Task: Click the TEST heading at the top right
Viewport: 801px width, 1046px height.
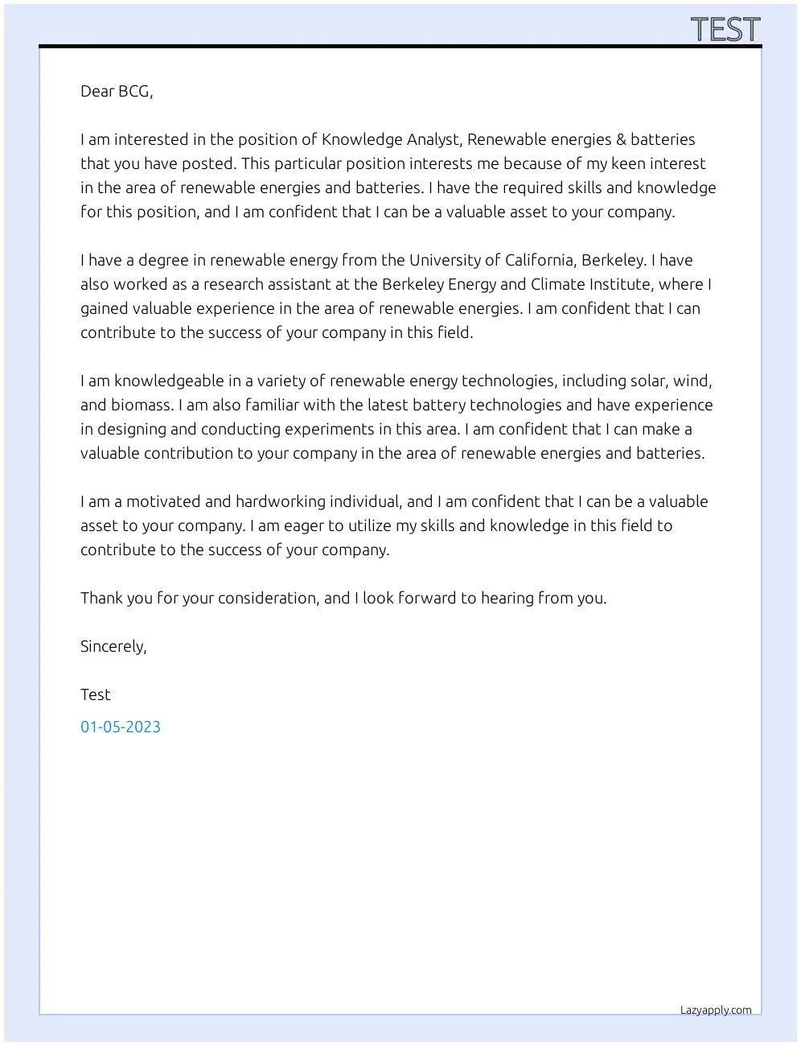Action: tap(725, 30)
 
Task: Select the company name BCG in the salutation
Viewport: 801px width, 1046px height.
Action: tap(134, 91)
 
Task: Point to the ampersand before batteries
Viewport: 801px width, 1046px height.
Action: tap(620, 139)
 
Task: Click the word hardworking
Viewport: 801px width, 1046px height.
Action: tap(278, 501)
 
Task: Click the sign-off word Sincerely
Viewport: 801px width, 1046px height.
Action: tap(113, 646)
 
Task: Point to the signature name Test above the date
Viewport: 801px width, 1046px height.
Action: tap(96, 694)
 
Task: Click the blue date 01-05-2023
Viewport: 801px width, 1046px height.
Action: tap(121, 727)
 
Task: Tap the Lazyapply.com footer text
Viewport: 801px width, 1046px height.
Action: tap(716, 1010)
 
